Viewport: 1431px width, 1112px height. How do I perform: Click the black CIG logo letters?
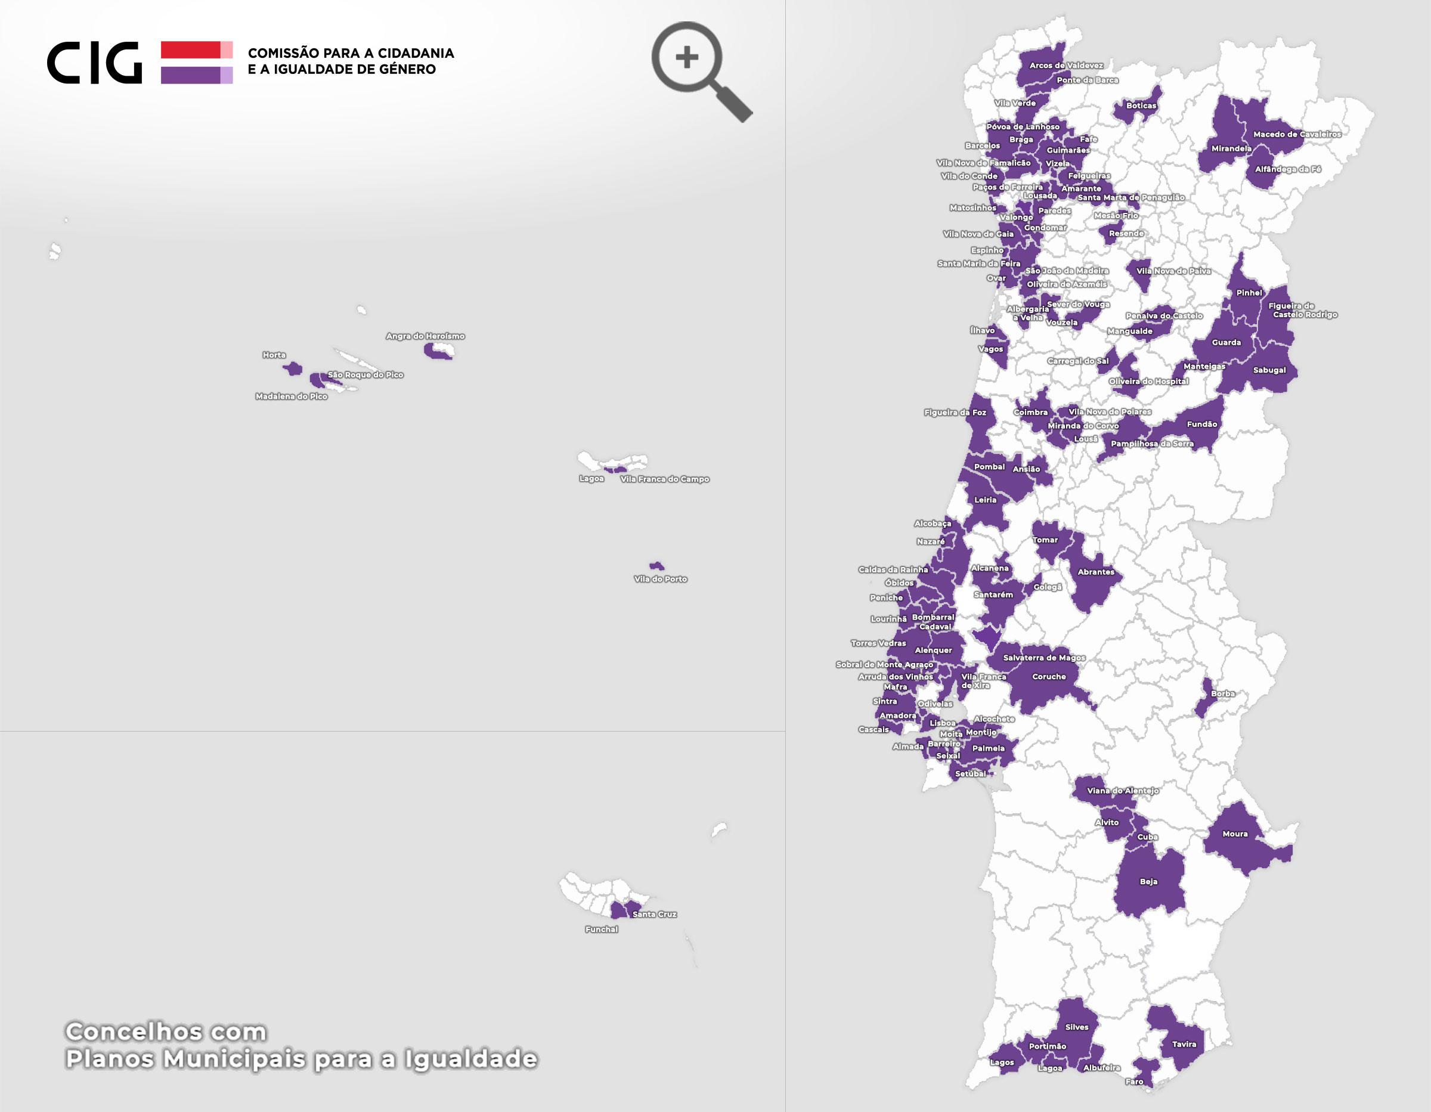click(94, 63)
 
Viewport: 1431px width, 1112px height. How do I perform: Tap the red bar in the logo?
click(191, 50)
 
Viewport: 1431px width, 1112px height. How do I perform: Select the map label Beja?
click(1148, 881)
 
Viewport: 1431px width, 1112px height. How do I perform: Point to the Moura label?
click(1235, 834)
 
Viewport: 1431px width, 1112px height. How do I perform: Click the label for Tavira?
click(1184, 1044)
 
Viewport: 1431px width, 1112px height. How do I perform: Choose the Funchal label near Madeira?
click(602, 929)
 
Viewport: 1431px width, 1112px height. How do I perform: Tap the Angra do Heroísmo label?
click(425, 336)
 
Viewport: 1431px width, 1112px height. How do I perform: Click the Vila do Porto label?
click(661, 578)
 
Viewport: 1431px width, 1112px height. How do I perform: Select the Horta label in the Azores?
click(274, 355)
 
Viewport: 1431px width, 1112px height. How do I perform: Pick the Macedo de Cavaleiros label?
click(1297, 134)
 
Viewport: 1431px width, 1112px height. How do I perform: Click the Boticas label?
click(1141, 106)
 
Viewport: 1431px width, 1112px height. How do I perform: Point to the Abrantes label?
click(1095, 571)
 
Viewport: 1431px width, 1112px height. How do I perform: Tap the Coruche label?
click(1049, 676)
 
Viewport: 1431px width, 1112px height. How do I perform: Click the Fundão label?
click(1201, 424)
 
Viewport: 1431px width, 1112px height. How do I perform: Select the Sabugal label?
click(1269, 370)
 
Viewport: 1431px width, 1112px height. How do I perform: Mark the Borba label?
click(1223, 693)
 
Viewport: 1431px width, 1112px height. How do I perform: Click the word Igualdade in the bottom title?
click(470, 1058)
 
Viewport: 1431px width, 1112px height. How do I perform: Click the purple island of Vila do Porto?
click(656, 565)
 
